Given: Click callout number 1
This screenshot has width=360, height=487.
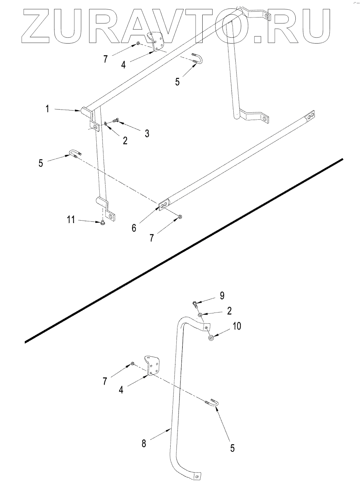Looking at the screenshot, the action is coord(49,108).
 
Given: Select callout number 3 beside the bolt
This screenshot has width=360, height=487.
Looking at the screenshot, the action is coord(147,134).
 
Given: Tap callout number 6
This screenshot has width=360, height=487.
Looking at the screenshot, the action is coord(134,227).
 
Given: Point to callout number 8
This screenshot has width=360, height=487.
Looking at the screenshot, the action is coord(144,443).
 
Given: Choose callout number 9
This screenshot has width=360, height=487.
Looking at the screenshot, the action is coord(222,295).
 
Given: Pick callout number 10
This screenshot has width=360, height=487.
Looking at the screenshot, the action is coord(237,326).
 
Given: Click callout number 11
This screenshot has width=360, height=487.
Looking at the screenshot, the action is coord(71,220).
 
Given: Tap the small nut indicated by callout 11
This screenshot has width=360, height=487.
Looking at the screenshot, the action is coord(103,223).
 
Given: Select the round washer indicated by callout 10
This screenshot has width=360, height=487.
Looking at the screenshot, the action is coord(211,338).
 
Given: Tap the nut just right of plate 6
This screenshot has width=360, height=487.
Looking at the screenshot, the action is coord(180,217).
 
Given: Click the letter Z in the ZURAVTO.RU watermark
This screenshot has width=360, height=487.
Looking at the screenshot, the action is coord(36,25).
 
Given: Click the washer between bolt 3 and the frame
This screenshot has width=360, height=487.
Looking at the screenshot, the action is coord(106,124).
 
